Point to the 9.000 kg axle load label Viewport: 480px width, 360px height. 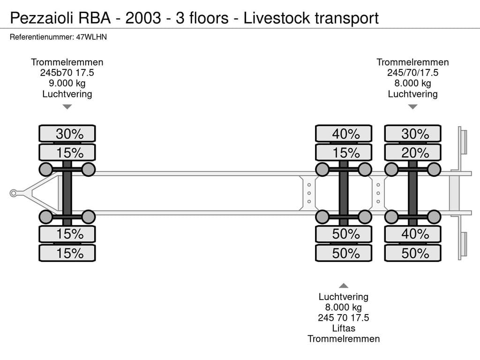[67, 83]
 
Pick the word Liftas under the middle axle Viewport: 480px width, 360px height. [344, 328]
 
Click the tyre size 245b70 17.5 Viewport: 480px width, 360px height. [67, 73]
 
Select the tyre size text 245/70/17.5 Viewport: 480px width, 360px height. [412, 73]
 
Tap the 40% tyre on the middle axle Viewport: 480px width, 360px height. [344, 134]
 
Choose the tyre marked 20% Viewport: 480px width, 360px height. [412, 153]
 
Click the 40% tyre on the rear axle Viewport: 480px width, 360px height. [412, 234]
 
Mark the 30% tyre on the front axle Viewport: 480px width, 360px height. [67, 134]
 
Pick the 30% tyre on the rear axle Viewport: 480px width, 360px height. [412, 134]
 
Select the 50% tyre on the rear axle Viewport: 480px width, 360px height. [412, 253]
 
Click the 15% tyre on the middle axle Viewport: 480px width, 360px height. [344, 153]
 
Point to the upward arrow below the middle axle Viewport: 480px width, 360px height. [344, 285]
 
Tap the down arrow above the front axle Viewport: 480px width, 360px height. [67, 107]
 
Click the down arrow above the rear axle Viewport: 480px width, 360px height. [412, 107]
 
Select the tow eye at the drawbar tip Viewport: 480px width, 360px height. [14, 193]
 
